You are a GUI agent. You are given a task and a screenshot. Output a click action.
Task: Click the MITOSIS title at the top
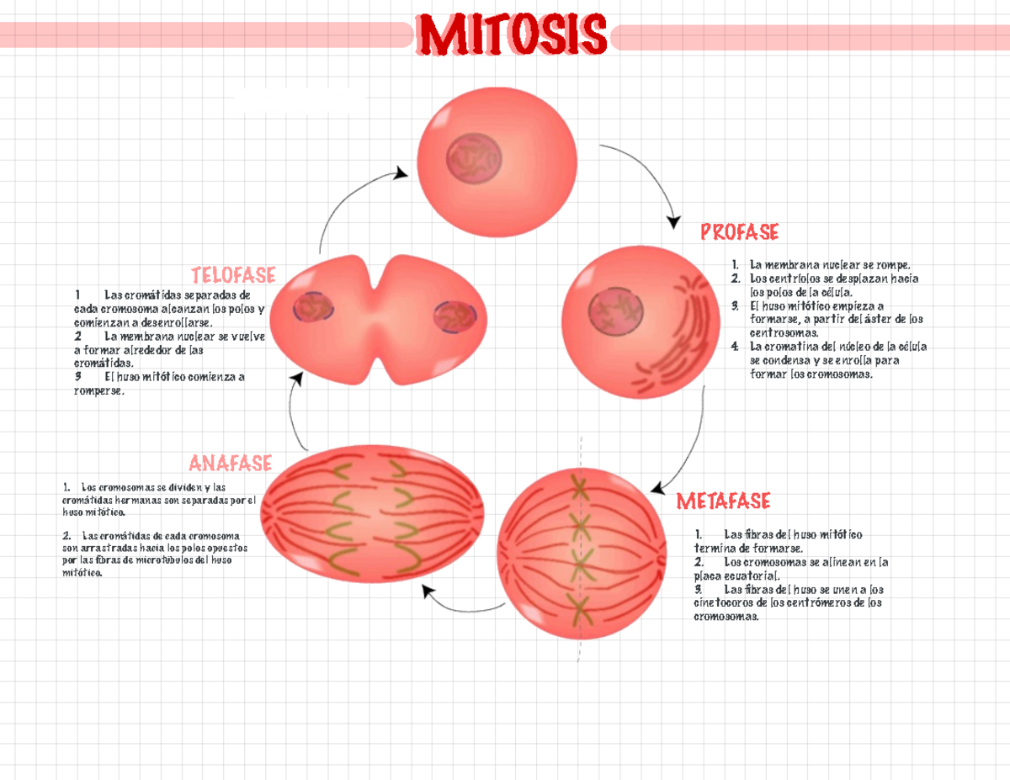511,35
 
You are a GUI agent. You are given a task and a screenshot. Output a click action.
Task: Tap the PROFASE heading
739,231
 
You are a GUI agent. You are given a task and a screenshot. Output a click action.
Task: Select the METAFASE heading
723,501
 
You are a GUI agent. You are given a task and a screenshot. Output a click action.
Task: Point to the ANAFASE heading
230,463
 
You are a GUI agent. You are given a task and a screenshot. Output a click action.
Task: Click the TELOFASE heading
233,275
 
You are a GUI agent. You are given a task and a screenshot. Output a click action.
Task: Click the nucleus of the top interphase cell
474,160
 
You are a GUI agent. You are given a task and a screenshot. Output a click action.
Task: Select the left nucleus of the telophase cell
313,308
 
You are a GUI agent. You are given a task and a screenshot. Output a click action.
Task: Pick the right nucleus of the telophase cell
455,318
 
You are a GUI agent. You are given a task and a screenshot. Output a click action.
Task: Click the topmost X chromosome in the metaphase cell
580,485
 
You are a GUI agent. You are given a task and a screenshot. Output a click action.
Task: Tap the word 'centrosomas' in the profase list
783,333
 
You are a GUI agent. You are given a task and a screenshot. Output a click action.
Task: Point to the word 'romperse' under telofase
98,390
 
